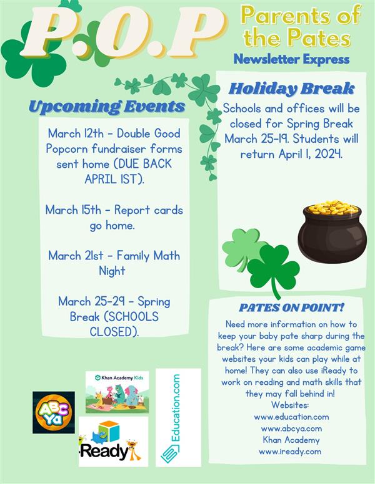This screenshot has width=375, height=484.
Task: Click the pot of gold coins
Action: click(x=332, y=231)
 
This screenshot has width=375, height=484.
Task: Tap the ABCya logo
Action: click(x=54, y=412)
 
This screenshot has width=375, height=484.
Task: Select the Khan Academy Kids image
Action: click(x=117, y=392)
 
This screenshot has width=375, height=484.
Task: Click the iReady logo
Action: click(x=113, y=442)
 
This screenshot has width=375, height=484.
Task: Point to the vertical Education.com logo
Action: click(x=178, y=417)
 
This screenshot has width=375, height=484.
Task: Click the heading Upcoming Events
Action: click(x=107, y=107)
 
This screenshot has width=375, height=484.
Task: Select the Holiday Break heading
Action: click(x=291, y=89)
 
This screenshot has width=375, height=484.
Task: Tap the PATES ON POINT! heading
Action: click(x=291, y=307)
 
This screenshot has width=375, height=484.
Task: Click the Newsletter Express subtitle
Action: click(x=291, y=59)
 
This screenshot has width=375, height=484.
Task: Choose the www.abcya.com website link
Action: click(x=291, y=428)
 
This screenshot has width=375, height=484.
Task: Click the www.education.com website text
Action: click(x=291, y=417)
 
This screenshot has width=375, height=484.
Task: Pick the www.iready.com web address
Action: click(x=290, y=452)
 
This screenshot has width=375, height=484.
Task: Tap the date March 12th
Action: click(x=76, y=133)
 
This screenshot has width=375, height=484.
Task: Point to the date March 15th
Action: click(x=73, y=210)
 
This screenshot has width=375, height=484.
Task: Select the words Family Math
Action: click(x=148, y=256)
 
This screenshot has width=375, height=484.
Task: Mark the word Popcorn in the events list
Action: click(x=67, y=149)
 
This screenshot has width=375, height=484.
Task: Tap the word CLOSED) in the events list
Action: click(x=114, y=332)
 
